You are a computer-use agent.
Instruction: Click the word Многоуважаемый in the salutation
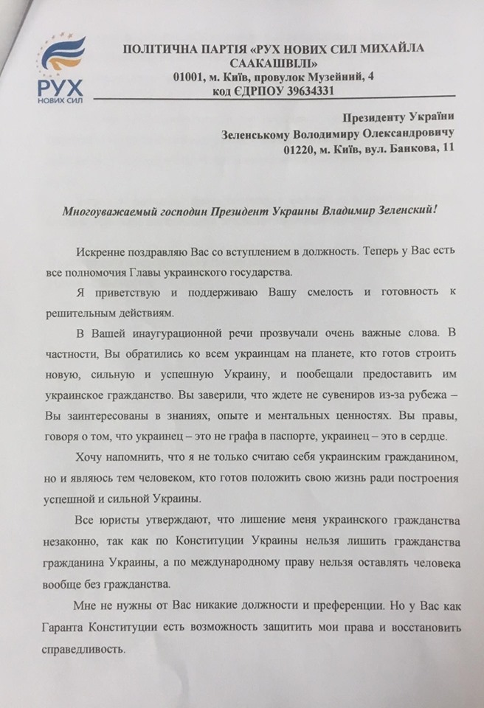pos(105,209)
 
